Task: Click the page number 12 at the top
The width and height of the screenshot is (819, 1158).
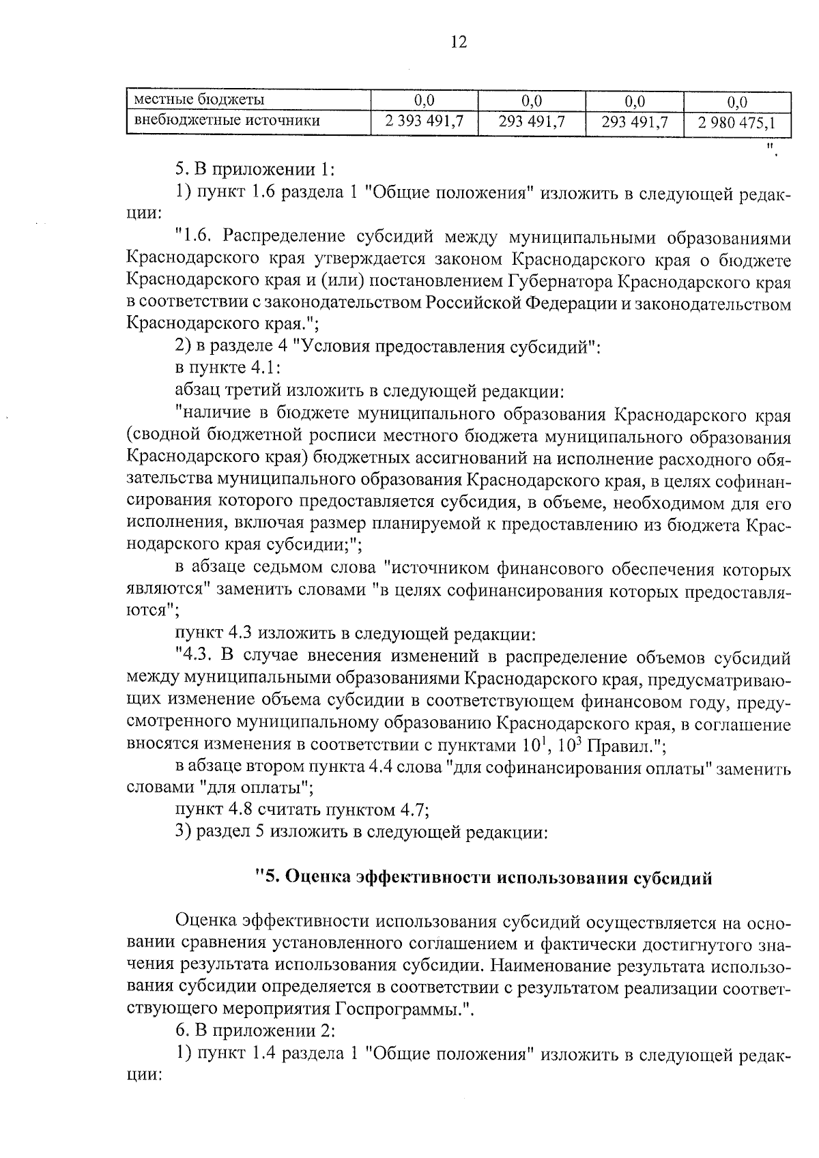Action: pos(459,42)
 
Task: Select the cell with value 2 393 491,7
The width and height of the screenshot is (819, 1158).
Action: pos(424,122)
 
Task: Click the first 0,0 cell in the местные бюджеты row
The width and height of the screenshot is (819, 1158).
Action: pos(424,102)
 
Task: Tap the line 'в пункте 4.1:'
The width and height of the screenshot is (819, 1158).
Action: pos(227,368)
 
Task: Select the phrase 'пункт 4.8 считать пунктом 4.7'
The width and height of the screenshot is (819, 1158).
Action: pos(301,810)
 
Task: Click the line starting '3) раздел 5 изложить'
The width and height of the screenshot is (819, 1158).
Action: pos(361,833)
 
